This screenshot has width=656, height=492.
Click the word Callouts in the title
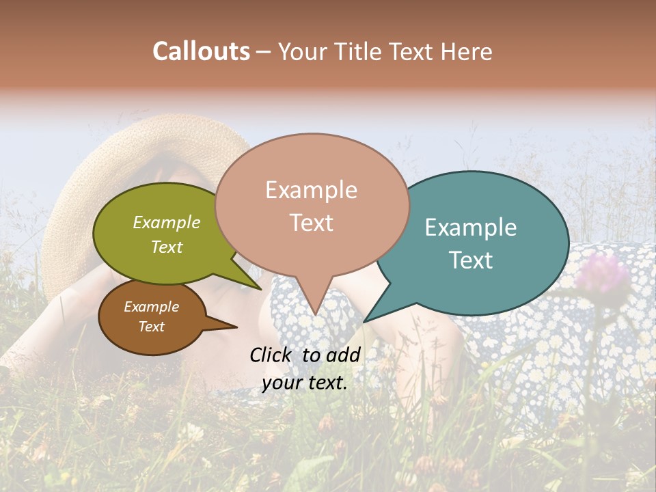click(201, 51)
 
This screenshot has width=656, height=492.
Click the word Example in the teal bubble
click(471, 228)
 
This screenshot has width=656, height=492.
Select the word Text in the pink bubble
click(311, 223)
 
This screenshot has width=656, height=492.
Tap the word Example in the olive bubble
click(167, 223)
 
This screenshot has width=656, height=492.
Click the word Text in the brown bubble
click(152, 327)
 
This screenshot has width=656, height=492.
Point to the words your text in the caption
click(304, 383)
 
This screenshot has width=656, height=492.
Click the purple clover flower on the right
click(601, 273)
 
